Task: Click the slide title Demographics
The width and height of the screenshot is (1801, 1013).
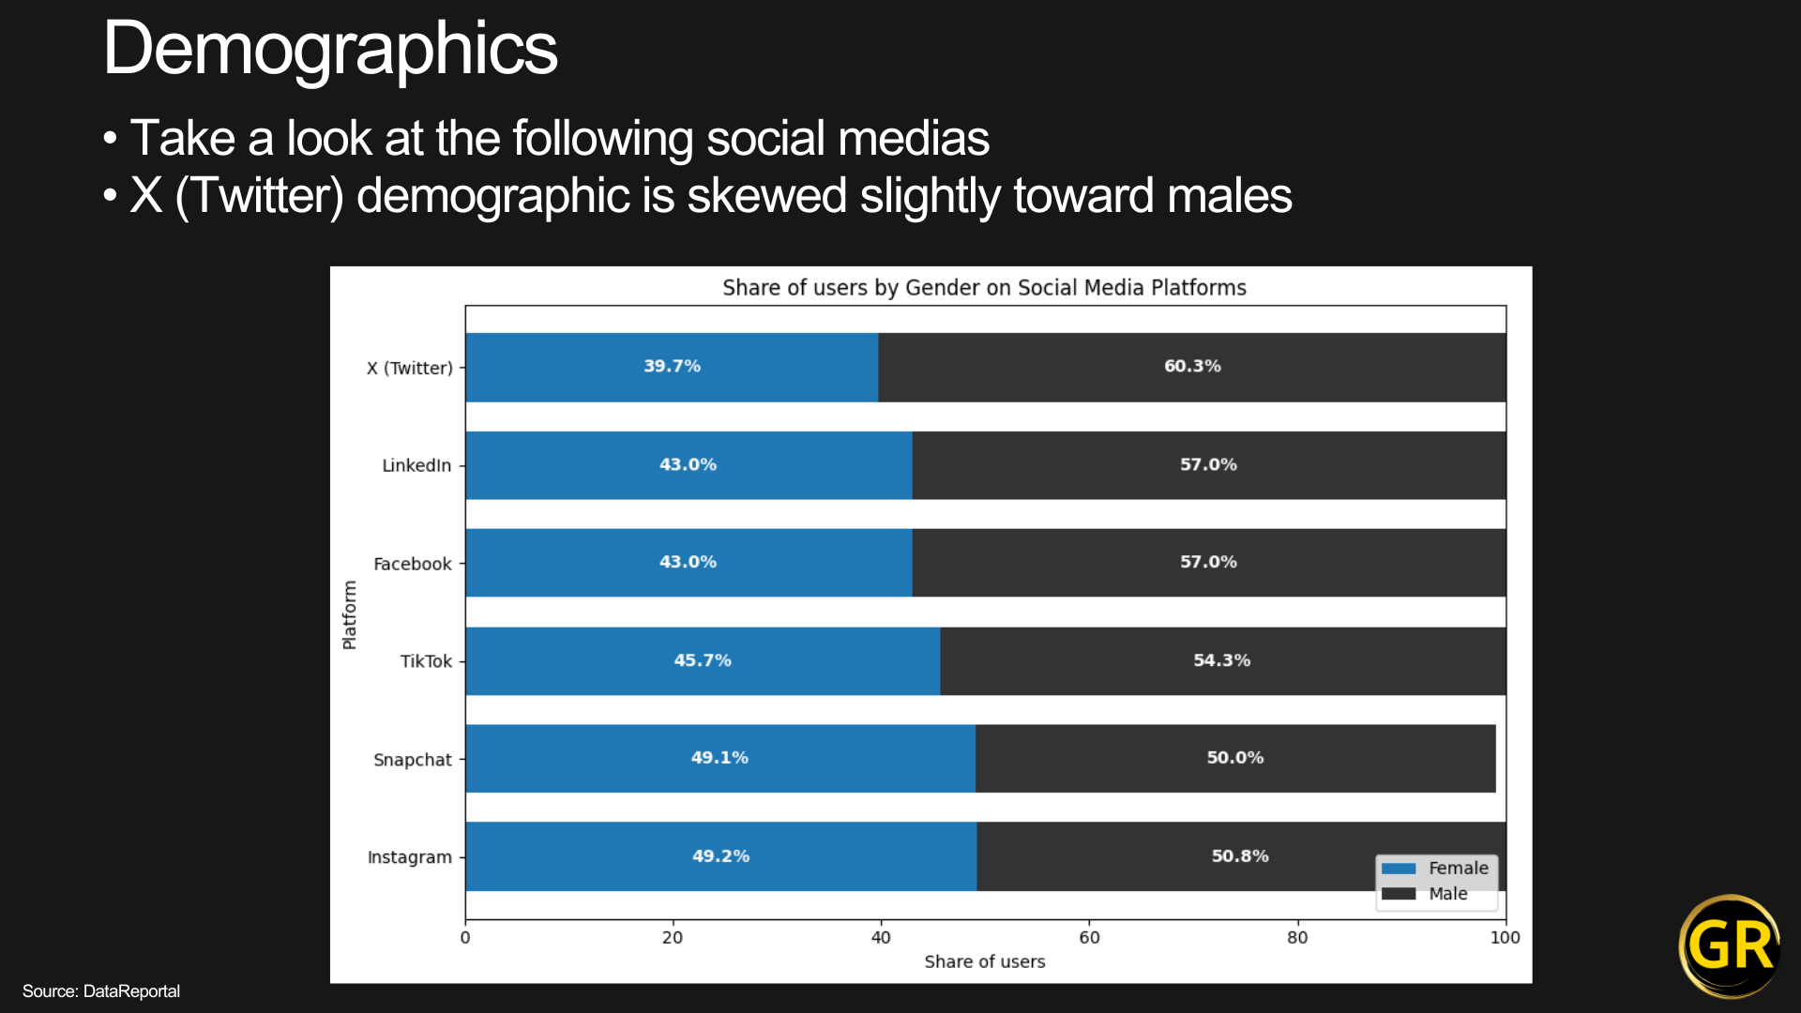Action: coord(330,49)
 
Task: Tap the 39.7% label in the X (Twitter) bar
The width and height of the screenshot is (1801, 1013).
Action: coord(672,366)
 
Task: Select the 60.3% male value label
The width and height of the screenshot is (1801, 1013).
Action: coord(1192,366)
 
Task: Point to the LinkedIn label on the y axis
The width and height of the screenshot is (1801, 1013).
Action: coord(416,465)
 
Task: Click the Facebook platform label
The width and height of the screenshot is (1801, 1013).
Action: coord(413,564)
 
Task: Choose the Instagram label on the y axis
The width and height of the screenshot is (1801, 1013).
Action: coord(410,857)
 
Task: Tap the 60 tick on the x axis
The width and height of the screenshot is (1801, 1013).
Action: coord(1089,937)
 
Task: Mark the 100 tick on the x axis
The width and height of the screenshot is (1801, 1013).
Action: coord(1505,937)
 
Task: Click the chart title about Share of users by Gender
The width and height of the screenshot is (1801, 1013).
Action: coord(984,288)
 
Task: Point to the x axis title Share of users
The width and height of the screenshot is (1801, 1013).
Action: coord(984,961)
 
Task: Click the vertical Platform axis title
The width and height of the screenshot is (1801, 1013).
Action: coord(349,614)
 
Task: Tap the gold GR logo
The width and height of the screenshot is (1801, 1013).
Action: coord(1730,945)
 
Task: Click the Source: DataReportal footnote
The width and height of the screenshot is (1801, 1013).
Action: coord(101,991)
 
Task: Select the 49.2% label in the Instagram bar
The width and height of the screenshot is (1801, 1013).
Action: coord(720,856)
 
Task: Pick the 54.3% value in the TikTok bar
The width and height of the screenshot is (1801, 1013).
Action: coord(1221,660)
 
